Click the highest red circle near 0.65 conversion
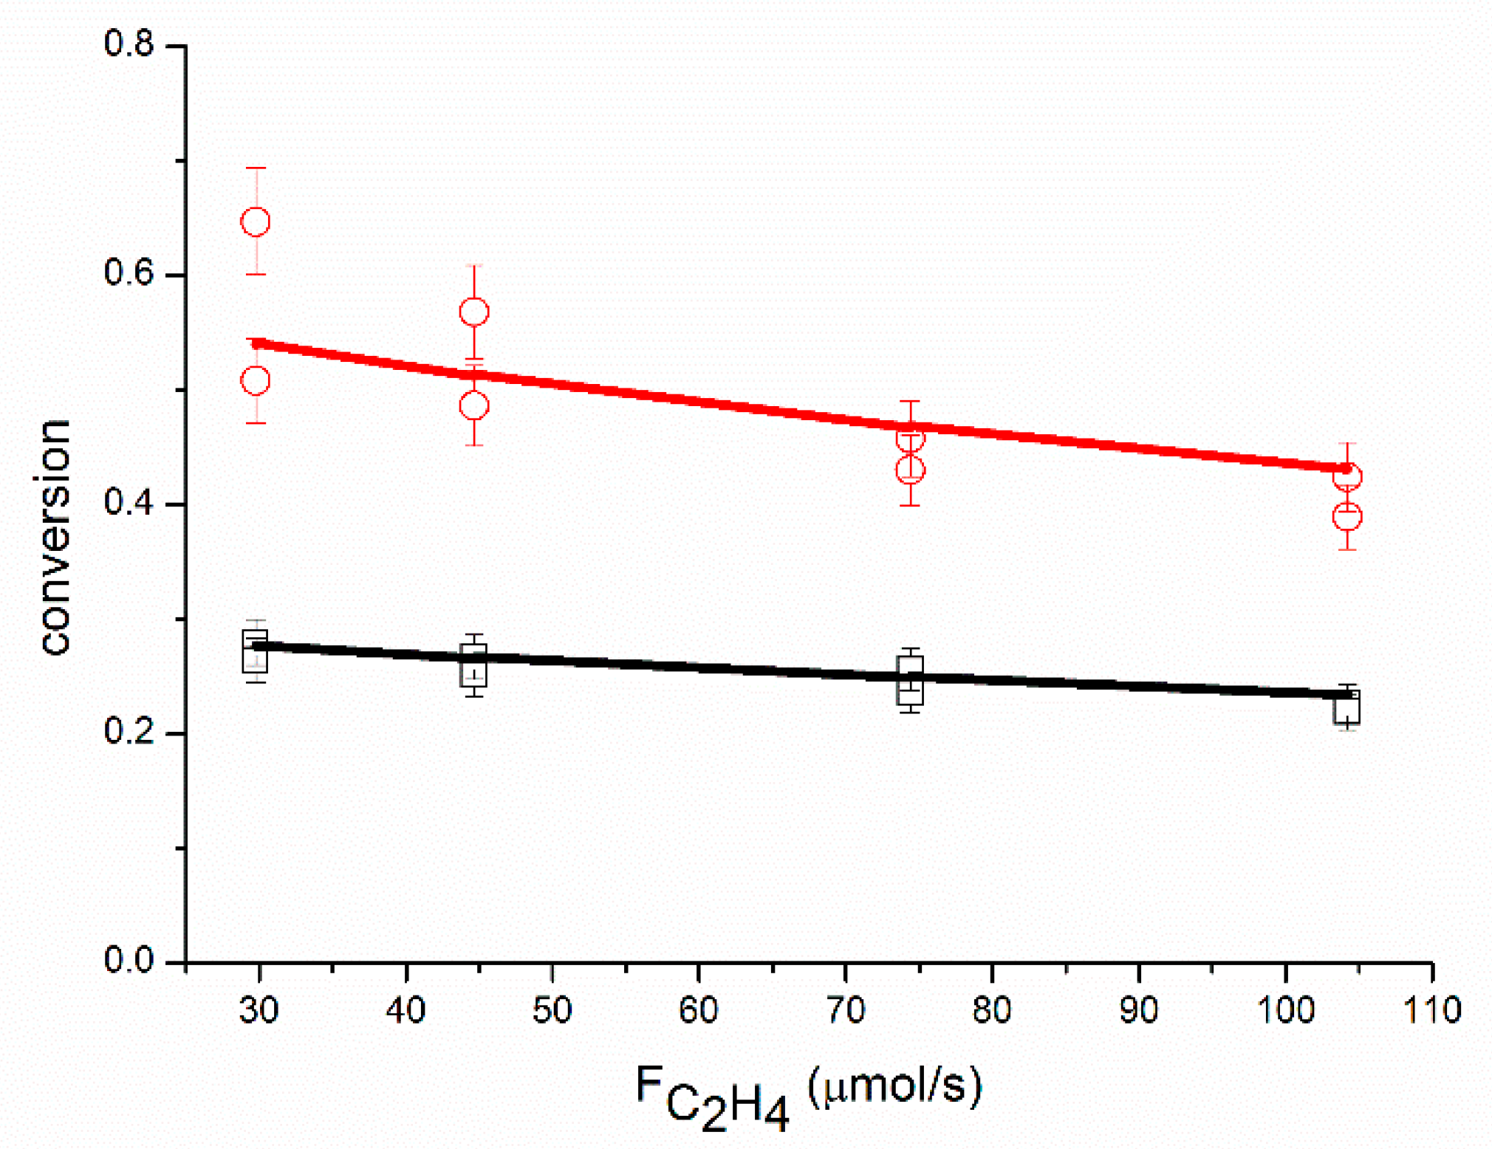(x=256, y=222)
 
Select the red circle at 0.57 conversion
(x=474, y=312)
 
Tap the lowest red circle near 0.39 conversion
(x=1347, y=516)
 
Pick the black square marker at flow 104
(x=1346, y=708)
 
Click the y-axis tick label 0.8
(x=129, y=44)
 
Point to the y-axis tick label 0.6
(x=129, y=273)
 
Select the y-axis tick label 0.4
(x=129, y=503)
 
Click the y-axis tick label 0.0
(x=129, y=961)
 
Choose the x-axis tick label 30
(x=259, y=1010)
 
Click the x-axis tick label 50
(x=552, y=1010)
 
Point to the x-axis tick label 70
(x=846, y=1010)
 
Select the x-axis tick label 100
(x=1286, y=1010)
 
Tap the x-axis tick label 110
(x=1432, y=1010)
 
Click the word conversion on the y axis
(x=55, y=537)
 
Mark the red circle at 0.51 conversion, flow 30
(x=256, y=381)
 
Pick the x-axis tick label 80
(x=992, y=1010)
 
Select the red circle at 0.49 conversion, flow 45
(x=474, y=405)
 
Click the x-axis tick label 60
(x=699, y=1010)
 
